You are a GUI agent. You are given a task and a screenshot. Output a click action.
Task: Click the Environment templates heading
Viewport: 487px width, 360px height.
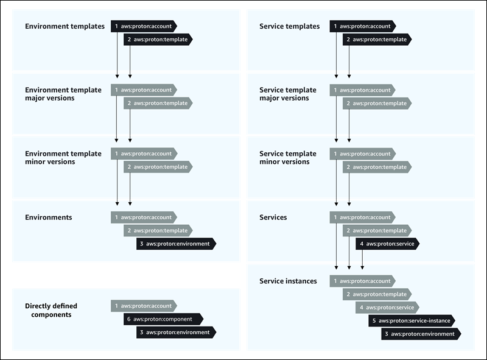pos(65,26)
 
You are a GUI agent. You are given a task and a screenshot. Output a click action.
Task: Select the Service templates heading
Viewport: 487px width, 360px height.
pos(289,26)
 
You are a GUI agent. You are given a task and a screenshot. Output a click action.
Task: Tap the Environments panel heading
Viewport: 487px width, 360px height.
pos(48,217)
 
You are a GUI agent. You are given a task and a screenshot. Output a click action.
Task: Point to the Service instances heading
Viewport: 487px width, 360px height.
pos(288,281)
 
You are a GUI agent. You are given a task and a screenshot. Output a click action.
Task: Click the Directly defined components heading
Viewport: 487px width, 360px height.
pos(51,310)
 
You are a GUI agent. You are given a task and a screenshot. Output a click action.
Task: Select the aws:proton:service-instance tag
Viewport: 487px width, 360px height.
pos(412,320)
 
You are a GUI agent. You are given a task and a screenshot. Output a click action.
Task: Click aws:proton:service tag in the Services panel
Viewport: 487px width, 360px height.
pos(388,244)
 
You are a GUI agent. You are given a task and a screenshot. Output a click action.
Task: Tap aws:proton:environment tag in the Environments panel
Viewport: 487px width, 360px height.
pos(176,244)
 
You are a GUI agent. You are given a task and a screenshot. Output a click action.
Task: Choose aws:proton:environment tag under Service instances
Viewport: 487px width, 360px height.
pos(421,334)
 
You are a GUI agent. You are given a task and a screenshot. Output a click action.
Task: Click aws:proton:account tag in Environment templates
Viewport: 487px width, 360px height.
pos(144,26)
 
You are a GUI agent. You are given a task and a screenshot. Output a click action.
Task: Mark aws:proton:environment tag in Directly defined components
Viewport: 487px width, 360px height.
pos(176,333)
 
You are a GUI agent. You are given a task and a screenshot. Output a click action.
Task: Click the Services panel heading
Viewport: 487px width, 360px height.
pos(273,217)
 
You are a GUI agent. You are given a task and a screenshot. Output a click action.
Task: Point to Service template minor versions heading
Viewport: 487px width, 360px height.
pos(288,158)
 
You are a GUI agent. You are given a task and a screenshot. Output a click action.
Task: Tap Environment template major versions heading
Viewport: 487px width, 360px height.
pos(63,94)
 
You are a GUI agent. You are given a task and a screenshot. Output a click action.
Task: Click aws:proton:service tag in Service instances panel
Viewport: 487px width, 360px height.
pos(388,308)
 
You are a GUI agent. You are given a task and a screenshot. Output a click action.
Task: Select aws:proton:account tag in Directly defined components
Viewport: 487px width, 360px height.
pos(144,306)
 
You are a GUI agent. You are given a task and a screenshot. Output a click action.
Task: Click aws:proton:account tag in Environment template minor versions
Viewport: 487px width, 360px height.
pos(144,154)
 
